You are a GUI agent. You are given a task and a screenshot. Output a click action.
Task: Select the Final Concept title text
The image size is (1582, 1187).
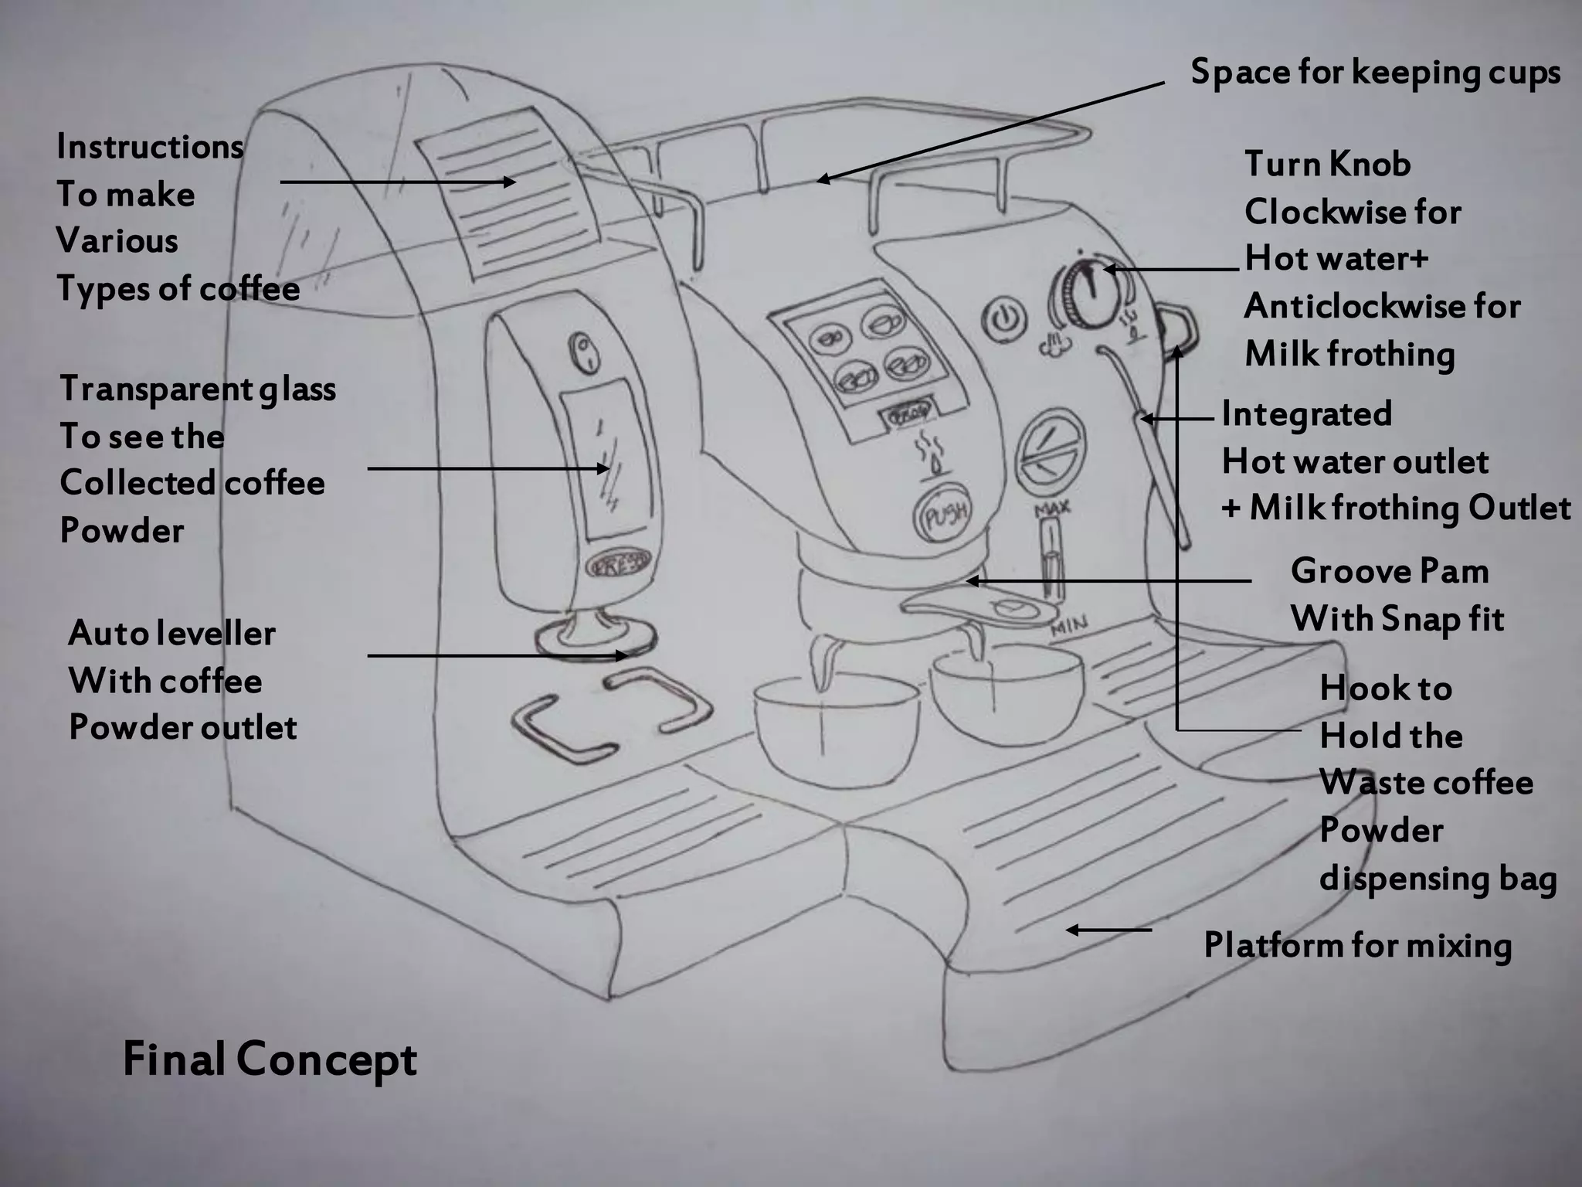click(x=270, y=1059)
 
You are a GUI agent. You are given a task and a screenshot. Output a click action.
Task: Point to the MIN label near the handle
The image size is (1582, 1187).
click(x=1070, y=626)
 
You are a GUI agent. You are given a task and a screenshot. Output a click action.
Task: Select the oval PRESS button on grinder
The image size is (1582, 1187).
click(x=618, y=566)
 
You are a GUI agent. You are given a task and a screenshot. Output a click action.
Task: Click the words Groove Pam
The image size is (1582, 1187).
click(x=1389, y=572)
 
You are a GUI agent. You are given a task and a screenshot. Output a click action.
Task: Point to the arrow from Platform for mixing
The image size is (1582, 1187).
click(x=1108, y=930)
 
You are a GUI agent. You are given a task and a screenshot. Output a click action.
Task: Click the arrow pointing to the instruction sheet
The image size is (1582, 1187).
click(x=398, y=182)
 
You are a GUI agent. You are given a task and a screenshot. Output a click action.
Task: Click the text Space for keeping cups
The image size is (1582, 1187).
click(x=1375, y=72)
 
